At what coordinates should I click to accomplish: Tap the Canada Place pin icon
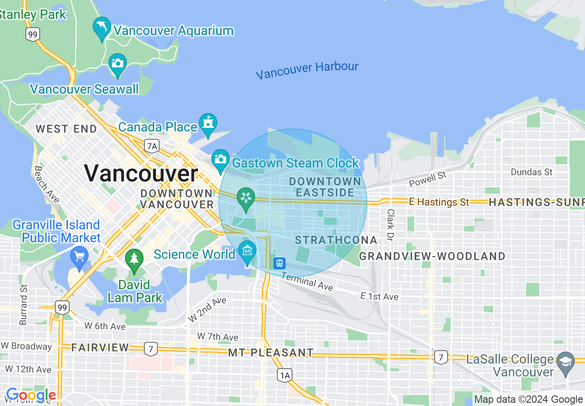208,124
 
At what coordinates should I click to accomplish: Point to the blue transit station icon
280,263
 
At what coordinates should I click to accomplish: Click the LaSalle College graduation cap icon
566,361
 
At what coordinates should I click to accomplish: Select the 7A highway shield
152,146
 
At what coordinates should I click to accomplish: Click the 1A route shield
285,376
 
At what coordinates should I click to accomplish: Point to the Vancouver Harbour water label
307,70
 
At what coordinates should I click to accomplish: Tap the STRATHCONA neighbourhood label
336,240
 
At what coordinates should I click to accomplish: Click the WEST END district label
66,129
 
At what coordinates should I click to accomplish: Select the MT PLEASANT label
271,353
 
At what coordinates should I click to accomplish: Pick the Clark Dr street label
391,225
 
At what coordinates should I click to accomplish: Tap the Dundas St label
531,172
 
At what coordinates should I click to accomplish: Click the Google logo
31,395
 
